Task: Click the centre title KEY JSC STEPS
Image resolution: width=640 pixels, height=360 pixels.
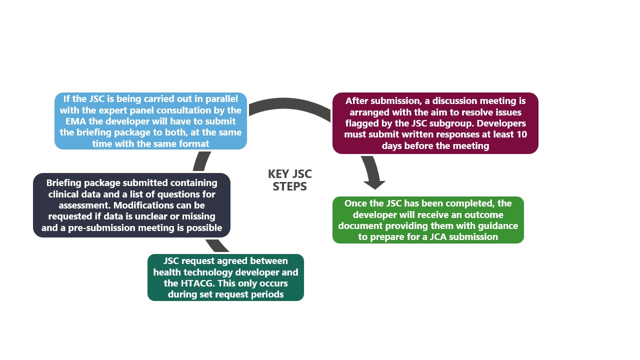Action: (x=289, y=180)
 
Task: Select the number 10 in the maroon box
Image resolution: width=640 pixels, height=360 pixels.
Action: (x=521, y=134)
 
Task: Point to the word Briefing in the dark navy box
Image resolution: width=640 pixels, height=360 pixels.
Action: (x=65, y=183)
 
